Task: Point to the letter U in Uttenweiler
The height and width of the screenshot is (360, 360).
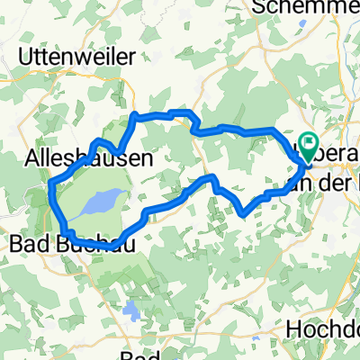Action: click(x=24, y=56)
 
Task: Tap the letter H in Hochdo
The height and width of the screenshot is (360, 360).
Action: click(x=293, y=329)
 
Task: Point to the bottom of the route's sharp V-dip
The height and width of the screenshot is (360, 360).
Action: click(x=246, y=213)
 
